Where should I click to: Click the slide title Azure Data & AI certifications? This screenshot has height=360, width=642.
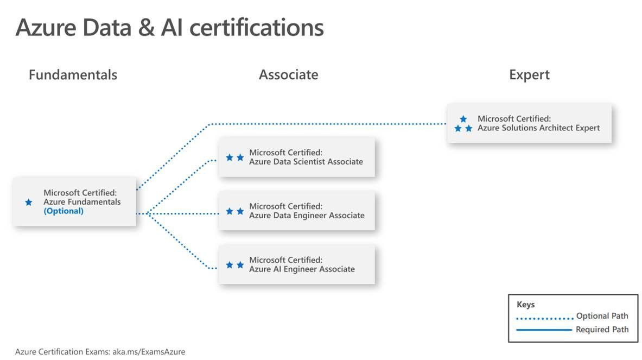[x=169, y=28]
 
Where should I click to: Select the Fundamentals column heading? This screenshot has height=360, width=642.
[x=73, y=74]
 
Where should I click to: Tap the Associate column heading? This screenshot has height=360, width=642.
[x=288, y=74]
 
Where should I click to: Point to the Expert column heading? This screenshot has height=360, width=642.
[x=529, y=74]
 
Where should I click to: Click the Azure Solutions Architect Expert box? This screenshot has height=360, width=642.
[x=529, y=123]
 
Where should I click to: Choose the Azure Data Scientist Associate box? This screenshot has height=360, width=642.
[x=296, y=157]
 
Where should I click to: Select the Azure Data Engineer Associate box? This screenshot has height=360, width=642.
[x=296, y=211]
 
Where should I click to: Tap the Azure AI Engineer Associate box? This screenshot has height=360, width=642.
[x=296, y=264]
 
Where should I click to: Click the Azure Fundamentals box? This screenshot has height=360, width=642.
[x=74, y=201]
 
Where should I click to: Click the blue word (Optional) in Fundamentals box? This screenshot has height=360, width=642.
[x=63, y=211]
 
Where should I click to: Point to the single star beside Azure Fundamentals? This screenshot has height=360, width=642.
[x=29, y=202]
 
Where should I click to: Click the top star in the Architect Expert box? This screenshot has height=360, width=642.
[x=463, y=119]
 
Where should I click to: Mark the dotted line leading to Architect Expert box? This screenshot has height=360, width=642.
[x=326, y=124]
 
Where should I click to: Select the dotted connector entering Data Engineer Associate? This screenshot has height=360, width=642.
[x=179, y=213]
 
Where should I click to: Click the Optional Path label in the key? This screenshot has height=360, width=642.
[x=602, y=316]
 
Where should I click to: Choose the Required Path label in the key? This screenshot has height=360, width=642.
[x=602, y=329]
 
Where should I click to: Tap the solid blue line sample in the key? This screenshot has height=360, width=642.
[x=544, y=330]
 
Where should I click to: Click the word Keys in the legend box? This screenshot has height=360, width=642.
[x=525, y=305]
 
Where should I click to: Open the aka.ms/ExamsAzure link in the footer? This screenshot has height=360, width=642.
[x=149, y=352]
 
